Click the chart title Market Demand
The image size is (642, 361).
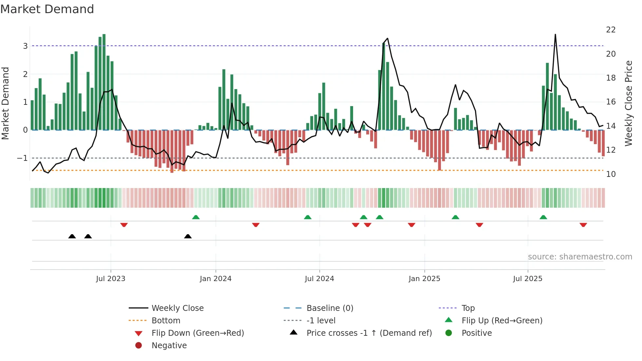[x=47, y=9]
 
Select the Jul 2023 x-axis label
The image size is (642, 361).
[x=110, y=279]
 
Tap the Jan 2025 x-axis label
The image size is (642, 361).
[x=424, y=279]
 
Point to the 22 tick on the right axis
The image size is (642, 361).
[x=611, y=30]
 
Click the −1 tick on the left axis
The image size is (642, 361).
[x=23, y=158]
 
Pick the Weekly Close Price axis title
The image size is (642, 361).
[x=628, y=103]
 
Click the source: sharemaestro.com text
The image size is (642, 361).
[x=580, y=256]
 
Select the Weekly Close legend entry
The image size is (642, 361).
[x=177, y=308]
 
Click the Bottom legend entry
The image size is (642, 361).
[x=166, y=320]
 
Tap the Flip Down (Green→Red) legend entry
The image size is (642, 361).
[x=198, y=333]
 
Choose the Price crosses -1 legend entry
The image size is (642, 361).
[x=369, y=333]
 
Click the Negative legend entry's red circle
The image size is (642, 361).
[x=139, y=345]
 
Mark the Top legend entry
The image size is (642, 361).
[x=468, y=308]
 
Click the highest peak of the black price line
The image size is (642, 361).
[x=555, y=34]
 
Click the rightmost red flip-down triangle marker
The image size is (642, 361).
[x=583, y=225]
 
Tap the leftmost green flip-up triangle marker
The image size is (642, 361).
[x=196, y=217]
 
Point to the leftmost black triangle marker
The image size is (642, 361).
[x=72, y=236]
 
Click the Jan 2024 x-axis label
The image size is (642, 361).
[x=216, y=279]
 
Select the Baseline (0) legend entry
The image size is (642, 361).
[x=330, y=308]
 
